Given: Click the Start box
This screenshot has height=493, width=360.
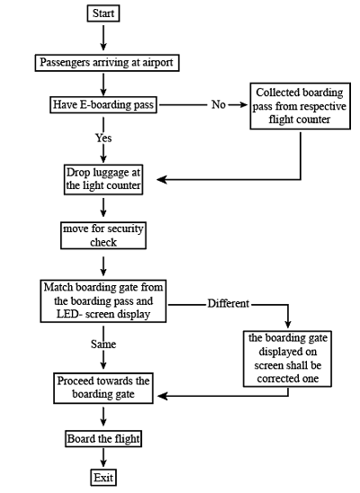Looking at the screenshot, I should coord(104,13).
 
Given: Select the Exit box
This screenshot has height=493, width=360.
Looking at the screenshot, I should coord(104,477).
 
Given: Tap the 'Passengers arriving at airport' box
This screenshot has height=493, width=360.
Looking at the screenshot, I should coord(104,64).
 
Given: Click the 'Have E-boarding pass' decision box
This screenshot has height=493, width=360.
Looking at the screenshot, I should coord(103,105).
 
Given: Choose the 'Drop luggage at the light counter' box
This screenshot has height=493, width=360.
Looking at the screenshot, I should coord(103,178).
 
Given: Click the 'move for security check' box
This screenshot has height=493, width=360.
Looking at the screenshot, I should coord(103,235).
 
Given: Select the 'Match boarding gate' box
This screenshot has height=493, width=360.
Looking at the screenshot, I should coord(103,301).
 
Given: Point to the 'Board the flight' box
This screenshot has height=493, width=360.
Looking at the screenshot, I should coord(103,439).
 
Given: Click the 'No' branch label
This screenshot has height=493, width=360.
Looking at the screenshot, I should coord(219,105).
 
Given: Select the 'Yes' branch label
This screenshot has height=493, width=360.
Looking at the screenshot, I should coord(103,139).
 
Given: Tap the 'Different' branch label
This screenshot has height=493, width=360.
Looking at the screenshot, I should coord(228,303).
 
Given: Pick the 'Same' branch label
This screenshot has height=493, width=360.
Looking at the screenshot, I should coord(103,345).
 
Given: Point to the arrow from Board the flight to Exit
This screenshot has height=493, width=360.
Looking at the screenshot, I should coord(104,458).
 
